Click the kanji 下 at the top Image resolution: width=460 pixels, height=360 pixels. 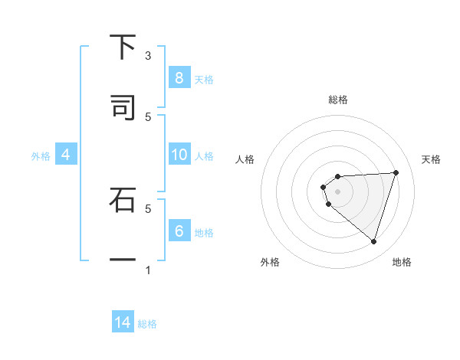(x=123, y=47)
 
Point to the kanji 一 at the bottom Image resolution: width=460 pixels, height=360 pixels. (x=123, y=260)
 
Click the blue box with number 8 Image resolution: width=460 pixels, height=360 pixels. (x=179, y=77)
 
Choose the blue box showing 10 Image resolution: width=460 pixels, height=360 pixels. (x=179, y=155)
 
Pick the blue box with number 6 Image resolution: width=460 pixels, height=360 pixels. (x=179, y=231)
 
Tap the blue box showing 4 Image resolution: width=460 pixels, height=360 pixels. (x=65, y=155)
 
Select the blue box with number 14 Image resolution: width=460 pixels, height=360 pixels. (x=123, y=322)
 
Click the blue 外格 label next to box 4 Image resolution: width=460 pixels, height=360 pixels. (x=41, y=155)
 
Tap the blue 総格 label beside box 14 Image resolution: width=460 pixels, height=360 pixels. (x=147, y=323)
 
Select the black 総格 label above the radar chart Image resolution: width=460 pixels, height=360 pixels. (x=338, y=100)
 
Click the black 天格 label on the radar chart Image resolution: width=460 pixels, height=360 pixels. (x=432, y=159)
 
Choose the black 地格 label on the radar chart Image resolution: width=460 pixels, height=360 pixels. (x=402, y=262)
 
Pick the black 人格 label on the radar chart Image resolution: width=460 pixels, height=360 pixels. (x=245, y=159)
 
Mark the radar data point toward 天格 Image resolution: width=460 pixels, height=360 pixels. (x=396, y=172)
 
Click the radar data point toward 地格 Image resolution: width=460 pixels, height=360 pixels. (x=373, y=241)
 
